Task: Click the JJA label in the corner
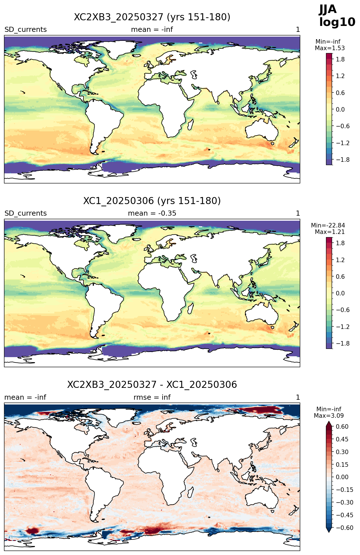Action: point(328,10)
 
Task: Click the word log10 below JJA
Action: point(337,22)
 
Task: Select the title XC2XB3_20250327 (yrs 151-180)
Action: point(152,17)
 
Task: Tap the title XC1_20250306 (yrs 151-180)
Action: point(152,201)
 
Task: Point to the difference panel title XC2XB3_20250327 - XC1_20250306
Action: point(152,384)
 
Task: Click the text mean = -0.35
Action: point(152,213)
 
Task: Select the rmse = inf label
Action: point(152,397)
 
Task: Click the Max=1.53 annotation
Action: point(330,48)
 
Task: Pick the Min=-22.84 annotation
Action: point(328,225)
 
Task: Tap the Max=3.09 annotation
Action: point(329,416)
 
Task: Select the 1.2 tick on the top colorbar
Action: point(340,76)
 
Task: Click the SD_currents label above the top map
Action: point(26,30)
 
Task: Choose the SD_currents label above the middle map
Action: point(26,213)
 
